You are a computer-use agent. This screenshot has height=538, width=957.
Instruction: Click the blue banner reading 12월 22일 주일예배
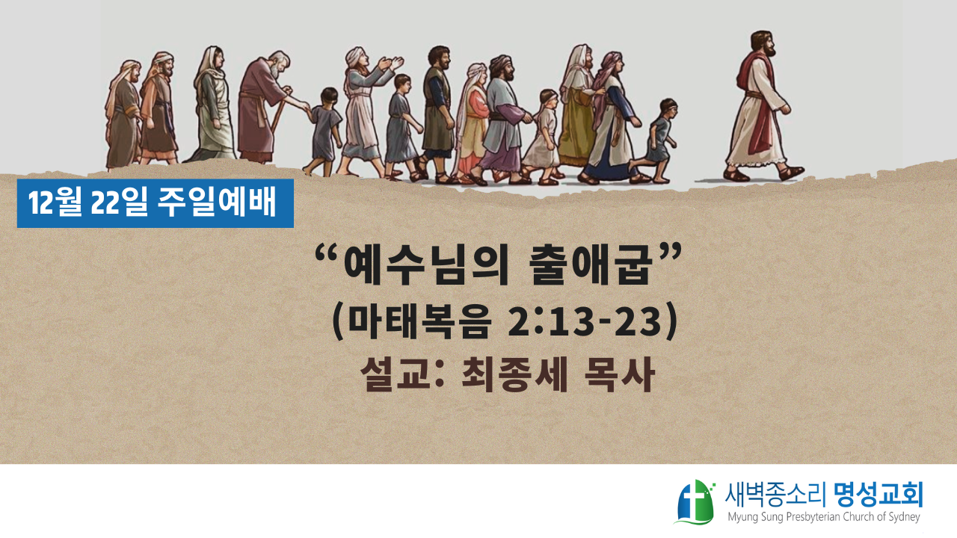(155, 203)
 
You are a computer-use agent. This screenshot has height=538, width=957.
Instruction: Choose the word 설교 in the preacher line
(396, 374)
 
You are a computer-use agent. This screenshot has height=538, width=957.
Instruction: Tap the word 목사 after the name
(621, 374)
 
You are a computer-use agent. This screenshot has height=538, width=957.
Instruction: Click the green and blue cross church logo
(695, 501)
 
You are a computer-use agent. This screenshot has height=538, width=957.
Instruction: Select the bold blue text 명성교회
(878, 495)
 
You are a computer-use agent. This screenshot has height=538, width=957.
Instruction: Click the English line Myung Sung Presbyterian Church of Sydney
(824, 518)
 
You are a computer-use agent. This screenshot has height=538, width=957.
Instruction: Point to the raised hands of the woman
(390, 64)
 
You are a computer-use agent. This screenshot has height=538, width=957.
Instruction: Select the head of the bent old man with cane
(280, 64)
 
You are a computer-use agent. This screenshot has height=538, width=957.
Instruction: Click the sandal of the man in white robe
(790, 173)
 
